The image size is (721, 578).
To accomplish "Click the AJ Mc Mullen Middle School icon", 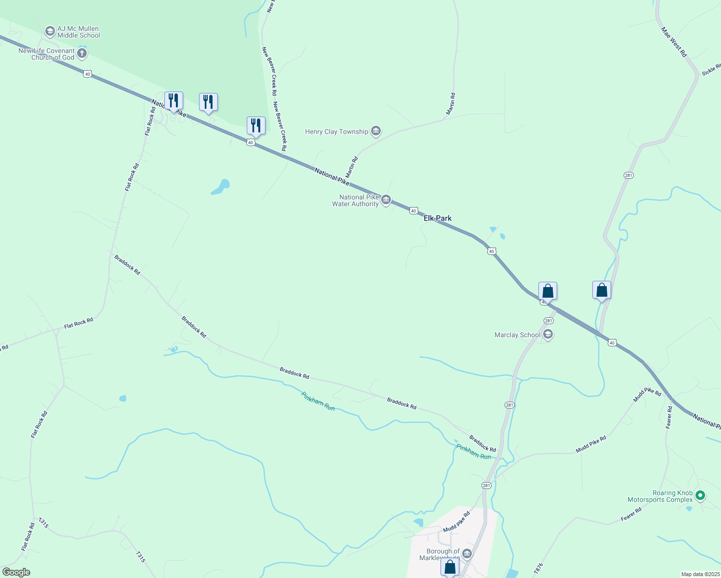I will coord(50,32).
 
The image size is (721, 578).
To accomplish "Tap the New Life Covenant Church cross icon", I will coord(82,53).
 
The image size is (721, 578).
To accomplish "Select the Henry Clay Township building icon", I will coord(376,131).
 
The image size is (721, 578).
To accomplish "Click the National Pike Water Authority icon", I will coord(386,200).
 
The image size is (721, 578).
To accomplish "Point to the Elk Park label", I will coord(438,218).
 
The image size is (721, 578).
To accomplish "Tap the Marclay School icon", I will coord(547,334).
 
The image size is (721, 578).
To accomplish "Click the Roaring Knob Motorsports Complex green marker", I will coord(701,495).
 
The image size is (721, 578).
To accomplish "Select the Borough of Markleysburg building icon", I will coord(467,554).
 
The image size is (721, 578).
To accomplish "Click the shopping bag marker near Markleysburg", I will coord(450,566).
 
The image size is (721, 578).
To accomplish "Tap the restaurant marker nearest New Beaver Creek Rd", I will coord(256,126).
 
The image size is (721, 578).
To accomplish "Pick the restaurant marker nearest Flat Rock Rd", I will coord(174,101).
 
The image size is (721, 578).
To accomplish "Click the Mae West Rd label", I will coord(673,42).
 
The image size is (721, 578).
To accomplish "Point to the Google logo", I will coord(16,572).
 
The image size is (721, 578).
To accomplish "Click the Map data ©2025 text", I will coord(700,574).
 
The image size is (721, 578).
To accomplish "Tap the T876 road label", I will coord(538,568).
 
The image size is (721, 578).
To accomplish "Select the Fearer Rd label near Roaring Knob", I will coord(631,514).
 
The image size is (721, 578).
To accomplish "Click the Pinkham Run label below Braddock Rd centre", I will coord(318,401).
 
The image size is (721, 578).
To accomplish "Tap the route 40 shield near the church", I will coord(87,74).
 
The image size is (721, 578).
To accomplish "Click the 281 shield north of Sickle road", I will coord(628,175).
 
